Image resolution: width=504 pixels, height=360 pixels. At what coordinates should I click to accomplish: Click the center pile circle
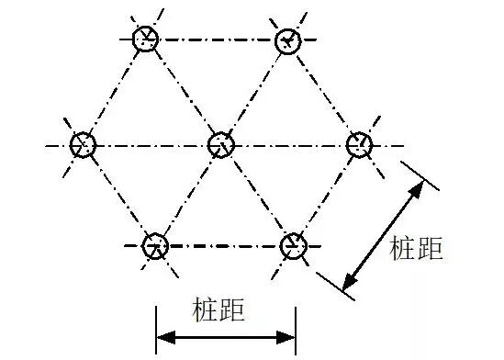(221, 144)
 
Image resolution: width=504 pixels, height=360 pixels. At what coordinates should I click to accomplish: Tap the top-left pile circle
(146, 39)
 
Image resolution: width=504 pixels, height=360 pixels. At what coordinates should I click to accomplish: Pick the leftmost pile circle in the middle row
(83, 144)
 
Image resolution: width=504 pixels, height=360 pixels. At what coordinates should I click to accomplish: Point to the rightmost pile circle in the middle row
(360, 144)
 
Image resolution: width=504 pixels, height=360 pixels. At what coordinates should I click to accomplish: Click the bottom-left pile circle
(155, 245)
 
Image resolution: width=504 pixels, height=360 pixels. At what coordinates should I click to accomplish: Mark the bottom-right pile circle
(292, 245)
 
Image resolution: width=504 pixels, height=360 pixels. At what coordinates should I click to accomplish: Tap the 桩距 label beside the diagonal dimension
(416, 249)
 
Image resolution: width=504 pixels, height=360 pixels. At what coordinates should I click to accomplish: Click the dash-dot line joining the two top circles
(218, 39)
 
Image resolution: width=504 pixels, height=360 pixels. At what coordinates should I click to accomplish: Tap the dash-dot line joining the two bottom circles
(223, 245)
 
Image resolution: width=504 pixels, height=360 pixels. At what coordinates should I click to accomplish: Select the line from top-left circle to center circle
(184, 92)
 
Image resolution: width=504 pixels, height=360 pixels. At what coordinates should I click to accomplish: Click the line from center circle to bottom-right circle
(257, 195)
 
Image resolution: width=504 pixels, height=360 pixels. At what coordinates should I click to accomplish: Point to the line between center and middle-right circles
(290, 145)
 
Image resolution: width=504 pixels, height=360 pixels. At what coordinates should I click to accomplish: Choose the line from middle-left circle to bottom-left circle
(119, 195)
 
